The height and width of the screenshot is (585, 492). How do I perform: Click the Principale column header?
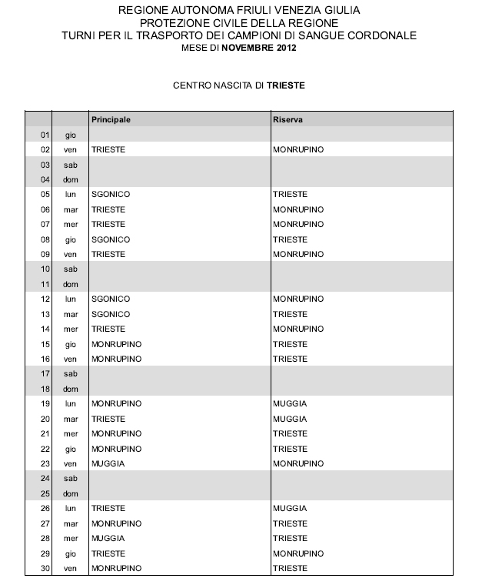pyautogui.click(x=111, y=120)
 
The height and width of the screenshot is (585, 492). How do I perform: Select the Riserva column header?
pyautogui.click(x=287, y=120)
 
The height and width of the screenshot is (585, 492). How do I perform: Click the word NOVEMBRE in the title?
pyautogui.click(x=249, y=47)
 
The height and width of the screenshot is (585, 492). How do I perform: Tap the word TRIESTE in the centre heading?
pyautogui.click(x=285, y=85)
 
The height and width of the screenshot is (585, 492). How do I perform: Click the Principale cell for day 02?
pyautogui.click(x=108, y=149)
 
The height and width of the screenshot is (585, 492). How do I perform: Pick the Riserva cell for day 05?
pyautogui.click(x=290, y=195)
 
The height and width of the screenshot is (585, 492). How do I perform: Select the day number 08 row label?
pyautogui.click(x=45, y=239)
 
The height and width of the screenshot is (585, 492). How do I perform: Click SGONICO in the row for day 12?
pyautogui.click(x=111, y=299)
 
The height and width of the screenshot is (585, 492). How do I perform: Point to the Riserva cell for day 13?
pyautogui.click(x=290, y=314)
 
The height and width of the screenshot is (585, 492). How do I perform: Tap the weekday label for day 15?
pyautogui.click(x=71, y=344)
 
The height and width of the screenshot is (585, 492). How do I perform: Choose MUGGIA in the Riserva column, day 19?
pyautogui.click(x=290, y=403)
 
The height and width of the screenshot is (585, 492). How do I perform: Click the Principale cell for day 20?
pyautogui.click(x=108, y=419)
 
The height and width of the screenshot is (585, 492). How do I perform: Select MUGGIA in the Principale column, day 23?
pyautogui.click(x=108, y=463)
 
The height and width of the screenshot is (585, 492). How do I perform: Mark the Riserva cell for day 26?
pyautogui.click(x=290, y=508)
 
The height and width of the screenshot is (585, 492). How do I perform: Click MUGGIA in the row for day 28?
pyautogui.click(x=108, y=538)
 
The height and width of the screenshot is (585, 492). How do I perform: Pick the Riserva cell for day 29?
pyautogui.click(x=298, y=553)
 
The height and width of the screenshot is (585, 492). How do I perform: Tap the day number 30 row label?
pyautogui.click(x=45, y=568)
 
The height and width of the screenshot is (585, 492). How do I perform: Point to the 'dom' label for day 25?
pyautogui.click(x=71, y=493)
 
